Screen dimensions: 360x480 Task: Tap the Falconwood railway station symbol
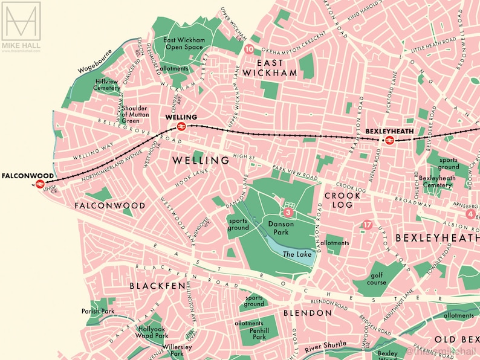tap(40, 184)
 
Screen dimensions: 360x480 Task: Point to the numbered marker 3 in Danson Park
tap(288, 213)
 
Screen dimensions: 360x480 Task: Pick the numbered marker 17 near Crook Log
tap(367, 225)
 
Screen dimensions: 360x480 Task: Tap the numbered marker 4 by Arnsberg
tap(470, 214)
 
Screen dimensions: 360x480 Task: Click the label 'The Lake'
tap(297, 254)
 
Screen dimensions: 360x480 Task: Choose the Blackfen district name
tap(156, 286)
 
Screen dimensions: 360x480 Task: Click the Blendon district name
tap(308, 313)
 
